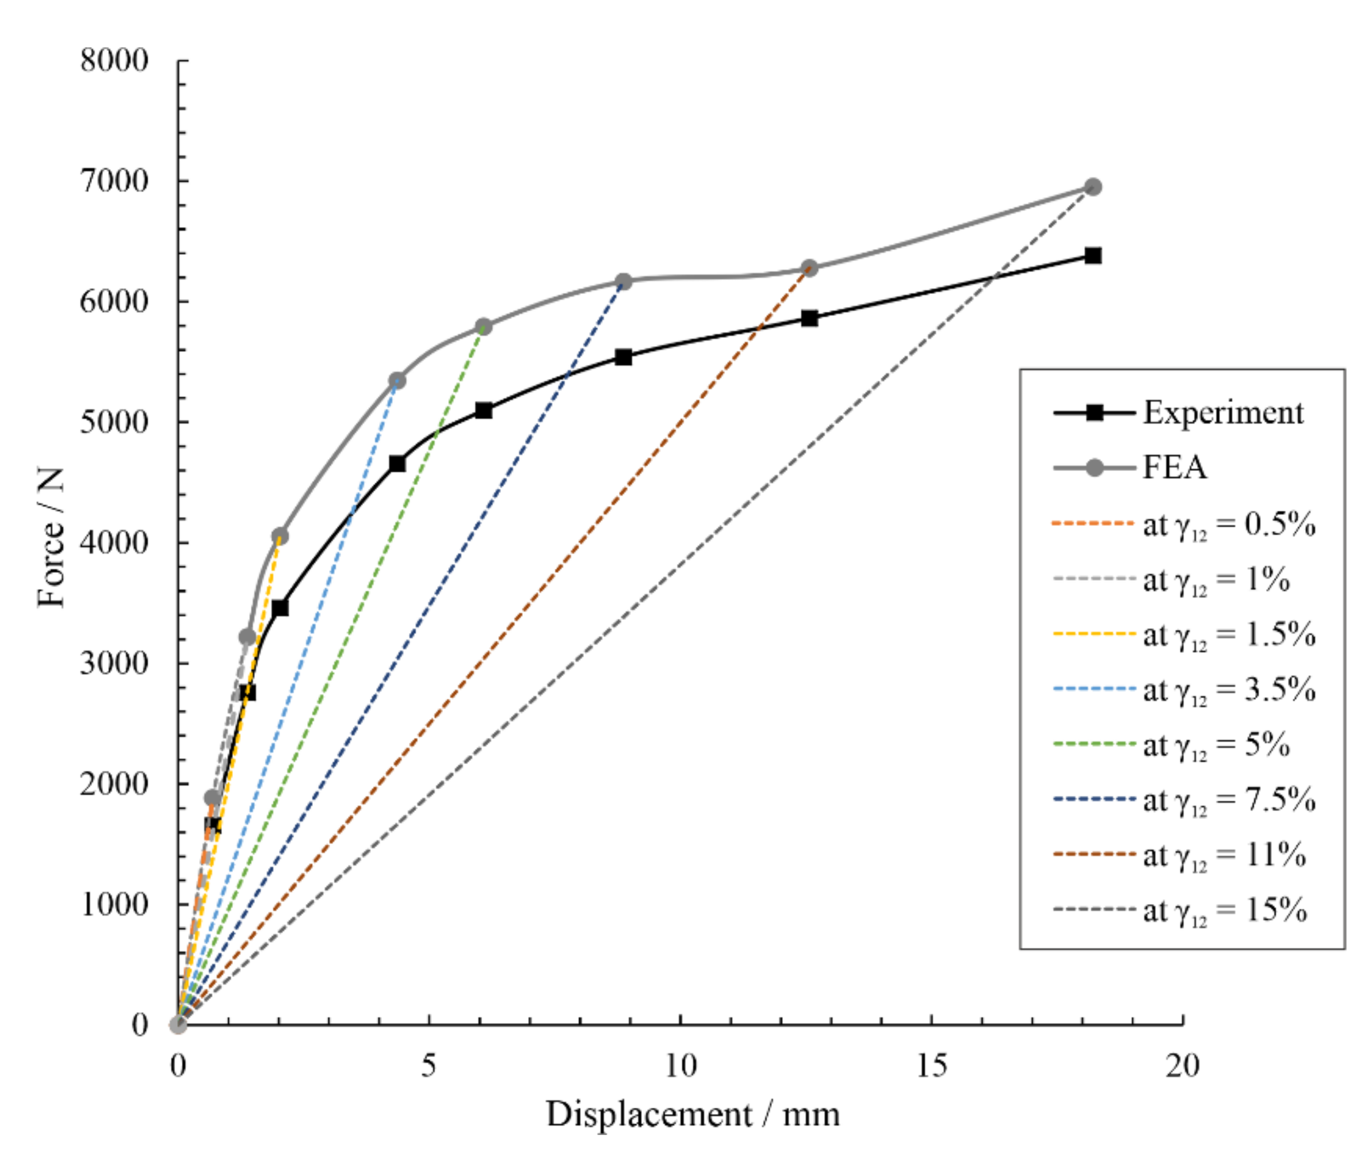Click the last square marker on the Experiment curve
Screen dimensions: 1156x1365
point(1092,255)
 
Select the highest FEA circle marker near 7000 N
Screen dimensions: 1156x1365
point(1092,187)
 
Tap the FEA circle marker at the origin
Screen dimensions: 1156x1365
point(178,1024)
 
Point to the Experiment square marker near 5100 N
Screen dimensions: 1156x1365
point(484,411)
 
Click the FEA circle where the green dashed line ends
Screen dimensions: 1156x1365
point(484,326)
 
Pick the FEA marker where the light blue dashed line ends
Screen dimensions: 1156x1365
point(397,380)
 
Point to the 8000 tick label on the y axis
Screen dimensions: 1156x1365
point(114,61)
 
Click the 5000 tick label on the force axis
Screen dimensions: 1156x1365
point(114,422)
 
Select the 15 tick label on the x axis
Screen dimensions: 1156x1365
point(931,1066)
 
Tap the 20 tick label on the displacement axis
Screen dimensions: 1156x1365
point(1182,1066)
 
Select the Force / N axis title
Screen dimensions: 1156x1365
point(51,537)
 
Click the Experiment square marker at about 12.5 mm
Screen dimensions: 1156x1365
point(809,319)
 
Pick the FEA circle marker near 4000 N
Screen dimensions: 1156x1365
point(280,536)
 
